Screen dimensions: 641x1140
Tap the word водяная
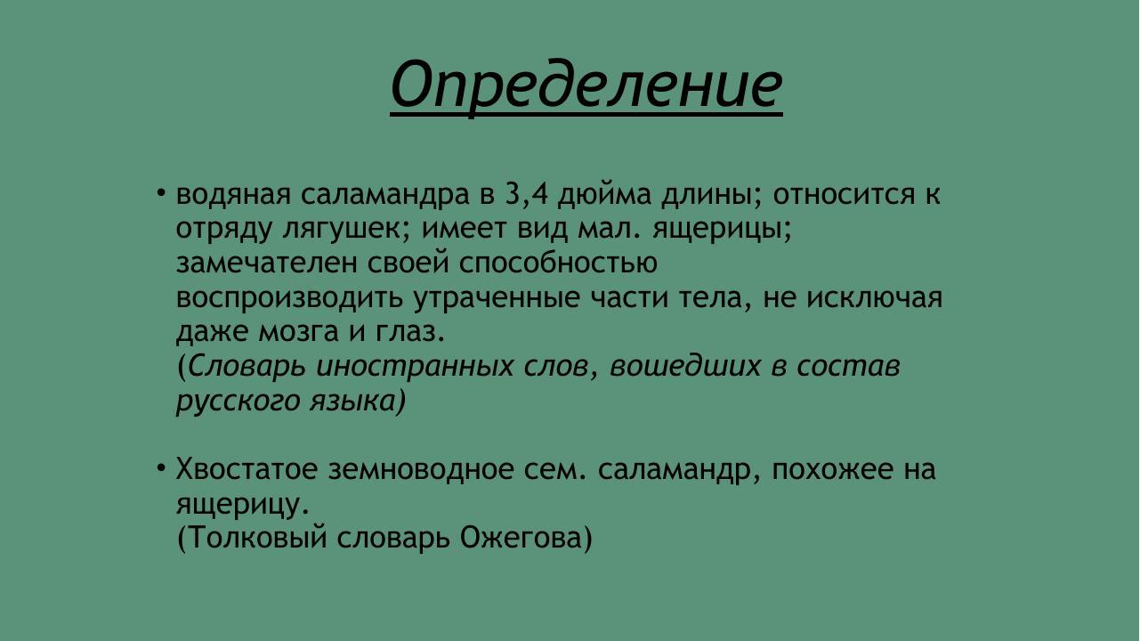coord(232,195)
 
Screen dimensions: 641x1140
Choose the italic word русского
coord(233,401)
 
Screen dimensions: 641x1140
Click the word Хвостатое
coord(246,469)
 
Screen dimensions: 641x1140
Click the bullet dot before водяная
coord(161,193)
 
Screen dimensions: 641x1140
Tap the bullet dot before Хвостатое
coord(161,467)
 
